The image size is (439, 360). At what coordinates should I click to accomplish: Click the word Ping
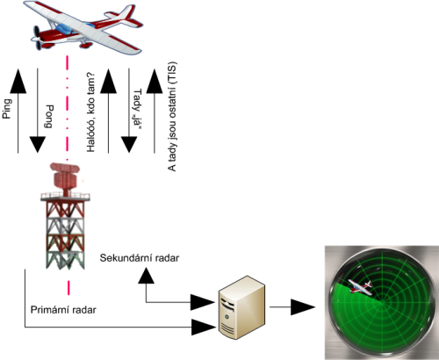[7, 109]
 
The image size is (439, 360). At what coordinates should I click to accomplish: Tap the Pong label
[48, 117]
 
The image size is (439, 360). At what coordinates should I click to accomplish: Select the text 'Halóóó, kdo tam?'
[91, 112]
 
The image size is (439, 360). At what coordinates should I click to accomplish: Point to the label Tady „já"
[137, 109]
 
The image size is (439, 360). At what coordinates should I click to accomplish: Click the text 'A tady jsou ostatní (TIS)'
[172, 117]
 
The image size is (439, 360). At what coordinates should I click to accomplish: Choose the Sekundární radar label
[140, 258]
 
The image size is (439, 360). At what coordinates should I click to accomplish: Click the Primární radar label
[63, 310]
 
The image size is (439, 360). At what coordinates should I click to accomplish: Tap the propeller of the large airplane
[38, 38]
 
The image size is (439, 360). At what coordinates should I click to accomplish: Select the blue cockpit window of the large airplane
[64, 29]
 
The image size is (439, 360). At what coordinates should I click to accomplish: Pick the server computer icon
[242, 307]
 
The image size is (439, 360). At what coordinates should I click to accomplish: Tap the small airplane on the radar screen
[360, 286]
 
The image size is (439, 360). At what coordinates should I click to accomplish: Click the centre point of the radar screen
[383, 303]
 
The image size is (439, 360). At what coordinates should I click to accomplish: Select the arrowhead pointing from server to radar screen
[303, 307]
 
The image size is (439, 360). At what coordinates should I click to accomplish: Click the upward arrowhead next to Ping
[18, 81]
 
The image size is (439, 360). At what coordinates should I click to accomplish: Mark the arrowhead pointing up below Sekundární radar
[146, 276]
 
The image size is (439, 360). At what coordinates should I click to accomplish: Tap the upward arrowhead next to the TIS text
[155, 81]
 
